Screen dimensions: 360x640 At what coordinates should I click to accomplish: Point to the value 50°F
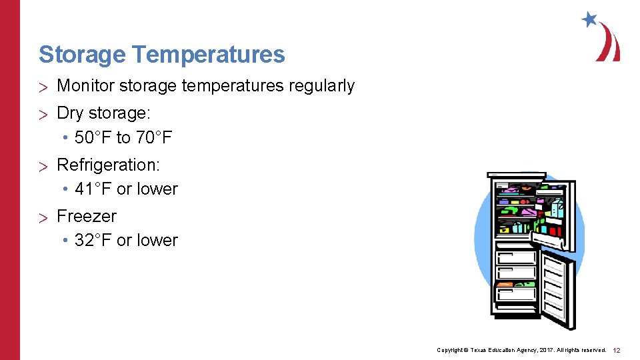93,138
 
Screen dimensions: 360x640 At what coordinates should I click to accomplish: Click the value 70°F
154,138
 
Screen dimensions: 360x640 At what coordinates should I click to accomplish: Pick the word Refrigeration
108,164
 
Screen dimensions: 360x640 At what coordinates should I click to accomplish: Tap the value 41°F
93,189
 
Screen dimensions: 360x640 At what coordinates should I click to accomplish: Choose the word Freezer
87,216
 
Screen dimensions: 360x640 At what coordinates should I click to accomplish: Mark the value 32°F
93,241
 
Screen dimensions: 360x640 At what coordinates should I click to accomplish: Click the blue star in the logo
589,19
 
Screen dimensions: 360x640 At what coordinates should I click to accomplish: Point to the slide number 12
617,350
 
